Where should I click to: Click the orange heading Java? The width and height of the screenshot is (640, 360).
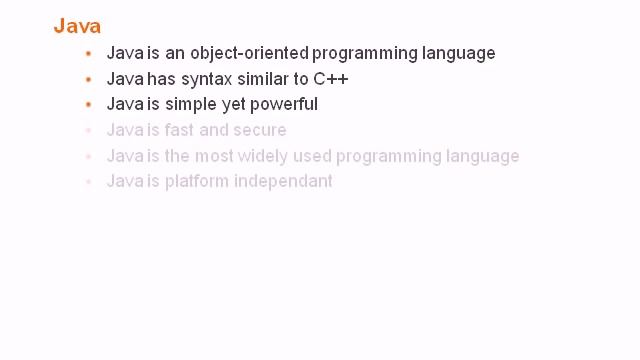click(77, 26)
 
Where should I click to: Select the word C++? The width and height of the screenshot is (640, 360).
click(330, 79)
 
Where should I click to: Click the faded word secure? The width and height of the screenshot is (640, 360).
click(260, 130)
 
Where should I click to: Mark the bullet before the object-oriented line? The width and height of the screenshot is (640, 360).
click(89, 53)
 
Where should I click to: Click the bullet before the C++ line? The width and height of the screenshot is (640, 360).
click(89, 79)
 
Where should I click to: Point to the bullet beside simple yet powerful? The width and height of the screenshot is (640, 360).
click(89, 104)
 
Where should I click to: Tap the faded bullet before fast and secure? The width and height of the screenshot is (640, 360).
click(89, 130)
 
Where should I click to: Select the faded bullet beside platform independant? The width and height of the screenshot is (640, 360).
click(89, 182)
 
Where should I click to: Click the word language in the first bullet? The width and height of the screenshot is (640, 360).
click(460, 54)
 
